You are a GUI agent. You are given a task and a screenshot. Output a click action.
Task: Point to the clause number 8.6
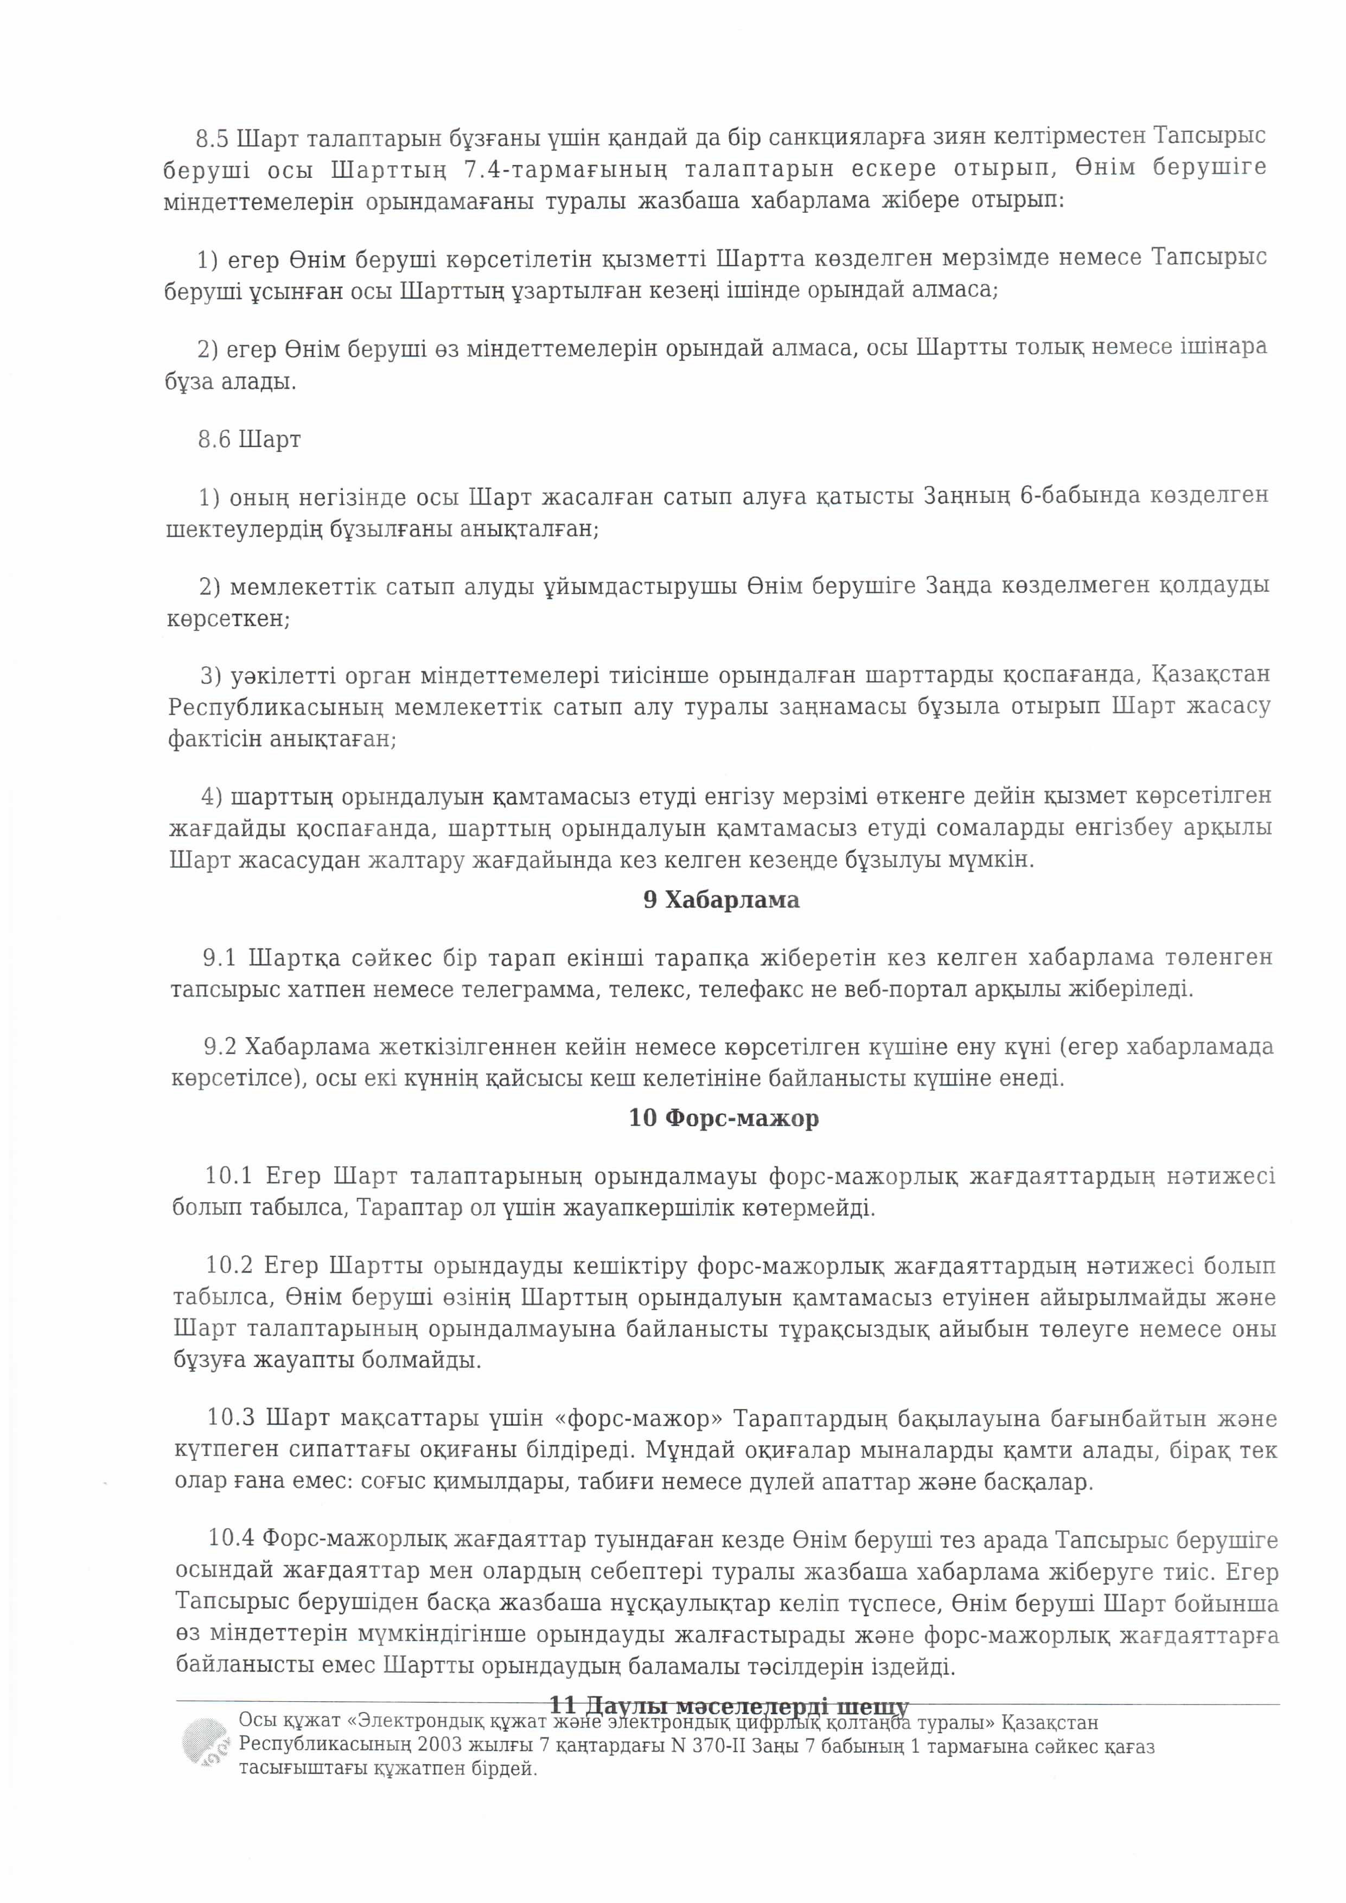point(214,439)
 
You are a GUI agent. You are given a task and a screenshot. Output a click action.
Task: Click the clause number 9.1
point(220,958)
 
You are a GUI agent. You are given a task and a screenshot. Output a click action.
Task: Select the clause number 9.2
point(220,1047)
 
